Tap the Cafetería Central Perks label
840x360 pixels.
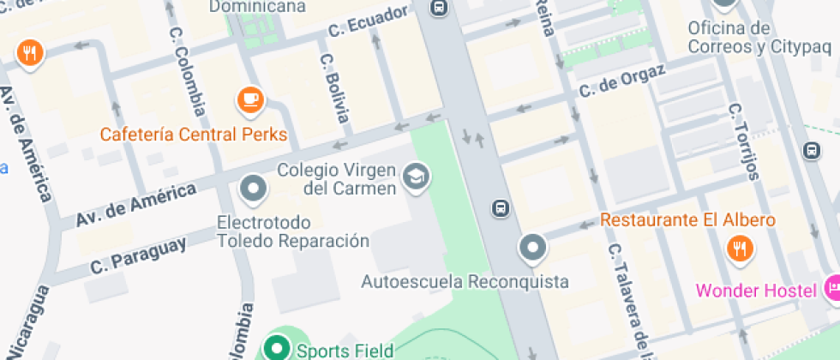click(194, 135)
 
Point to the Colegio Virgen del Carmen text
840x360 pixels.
click(337, 178)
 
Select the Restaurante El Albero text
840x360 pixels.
click(687, 220)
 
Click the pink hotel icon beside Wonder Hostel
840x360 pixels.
click(832, 288)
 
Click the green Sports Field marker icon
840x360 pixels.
click(277, 349)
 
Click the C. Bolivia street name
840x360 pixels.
click(335, 87)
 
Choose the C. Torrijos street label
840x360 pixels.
click(744, 141)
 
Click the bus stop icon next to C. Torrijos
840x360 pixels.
click(812, 151)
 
